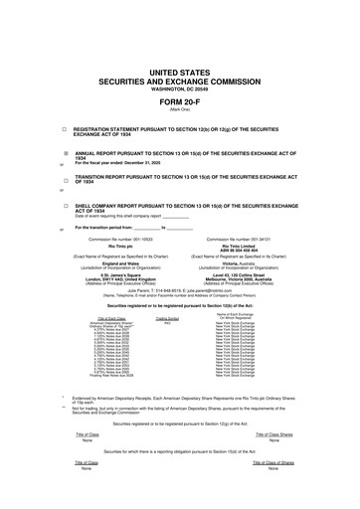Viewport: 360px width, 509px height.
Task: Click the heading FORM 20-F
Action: pos(180,102)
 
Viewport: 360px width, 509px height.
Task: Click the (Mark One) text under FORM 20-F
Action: pos(180,109)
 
